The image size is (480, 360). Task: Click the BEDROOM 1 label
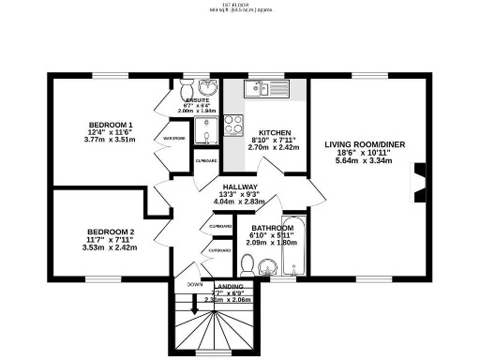tap(112, 125)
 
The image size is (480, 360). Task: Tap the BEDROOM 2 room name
tap(112, 231)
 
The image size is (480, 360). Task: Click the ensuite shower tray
tap(208, 127)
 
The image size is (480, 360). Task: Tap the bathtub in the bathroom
tap(294, 248)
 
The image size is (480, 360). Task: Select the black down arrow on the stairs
tap(193, 305)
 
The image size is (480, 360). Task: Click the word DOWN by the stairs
tap(194, 284)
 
